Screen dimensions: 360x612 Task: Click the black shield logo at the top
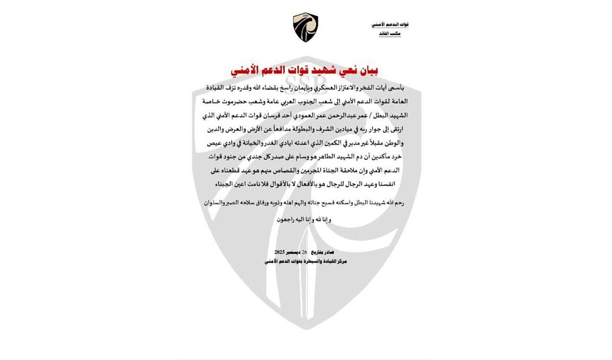[305, 29]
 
